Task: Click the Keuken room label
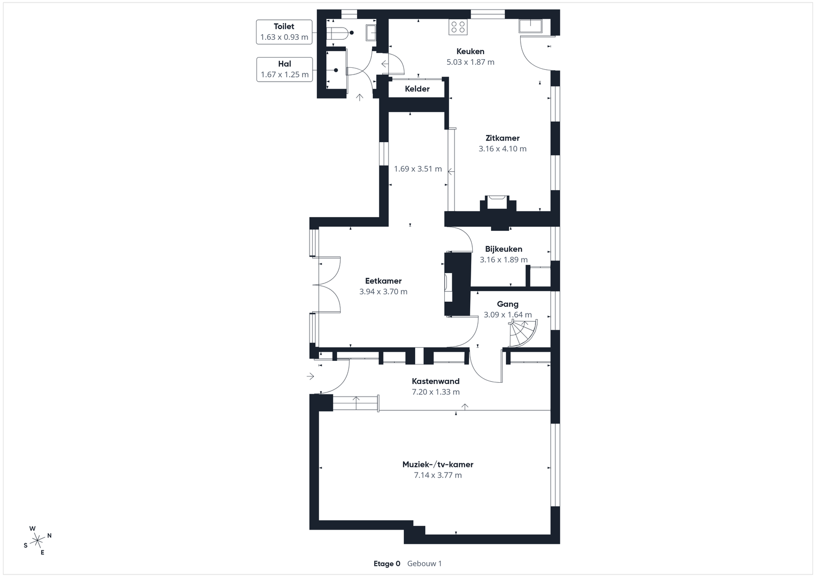tap(470, 51)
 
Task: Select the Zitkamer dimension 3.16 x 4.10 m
tap(502, 148)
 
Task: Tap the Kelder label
tap(417, 89)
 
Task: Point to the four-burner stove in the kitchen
tap(458, 27)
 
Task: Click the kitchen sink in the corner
tap(531, 26)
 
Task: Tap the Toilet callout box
tap(284, 32)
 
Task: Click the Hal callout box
tap(285, 69)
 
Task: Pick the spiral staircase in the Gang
tap(523, 333)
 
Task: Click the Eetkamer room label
tap(383, 281)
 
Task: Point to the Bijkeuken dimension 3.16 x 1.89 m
tap(503, 259)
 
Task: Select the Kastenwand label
tap(436, 381)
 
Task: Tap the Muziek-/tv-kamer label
tap(438, 464)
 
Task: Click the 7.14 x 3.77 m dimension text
tap(438, 475)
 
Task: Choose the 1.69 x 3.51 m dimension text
tap(418, 169)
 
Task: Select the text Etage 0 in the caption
tap(387, 564)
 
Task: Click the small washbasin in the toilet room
tap(371, 33)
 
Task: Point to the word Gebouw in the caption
tap(422, 564)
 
